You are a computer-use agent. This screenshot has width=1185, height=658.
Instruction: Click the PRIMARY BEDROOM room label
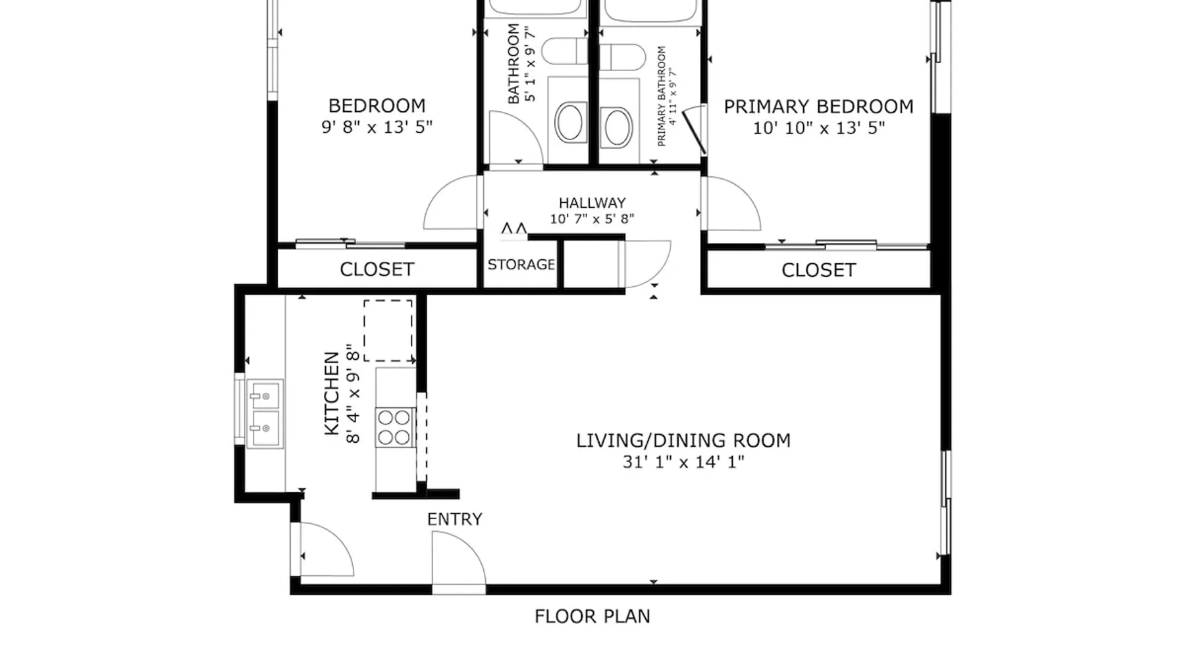point(818,107)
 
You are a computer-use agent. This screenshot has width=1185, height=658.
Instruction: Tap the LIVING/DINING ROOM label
point(683,441)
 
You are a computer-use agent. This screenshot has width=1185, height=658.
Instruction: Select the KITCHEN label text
point(332,393)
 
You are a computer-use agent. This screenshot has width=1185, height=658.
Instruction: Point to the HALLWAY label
point(592,203)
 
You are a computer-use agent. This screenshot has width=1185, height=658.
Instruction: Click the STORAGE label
point(521,265)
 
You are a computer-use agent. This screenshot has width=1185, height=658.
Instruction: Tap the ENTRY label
point(454,519)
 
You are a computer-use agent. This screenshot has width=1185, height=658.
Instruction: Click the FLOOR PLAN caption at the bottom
point(592,617)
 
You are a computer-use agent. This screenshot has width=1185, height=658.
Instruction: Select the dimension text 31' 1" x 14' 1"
point(683,462)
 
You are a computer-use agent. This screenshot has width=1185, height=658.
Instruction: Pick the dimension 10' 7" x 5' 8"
point(592,218)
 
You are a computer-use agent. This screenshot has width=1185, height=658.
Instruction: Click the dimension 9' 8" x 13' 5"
point(377,127)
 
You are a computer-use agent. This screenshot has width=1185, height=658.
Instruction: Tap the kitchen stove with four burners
point(395,428)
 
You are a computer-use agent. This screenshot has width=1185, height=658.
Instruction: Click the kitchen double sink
point(265,414)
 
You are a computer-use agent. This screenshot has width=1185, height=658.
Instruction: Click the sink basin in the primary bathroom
point(618,128)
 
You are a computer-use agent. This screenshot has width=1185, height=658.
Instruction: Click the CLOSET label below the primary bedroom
point(818,270)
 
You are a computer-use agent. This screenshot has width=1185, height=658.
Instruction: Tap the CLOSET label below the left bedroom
point(377,269)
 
